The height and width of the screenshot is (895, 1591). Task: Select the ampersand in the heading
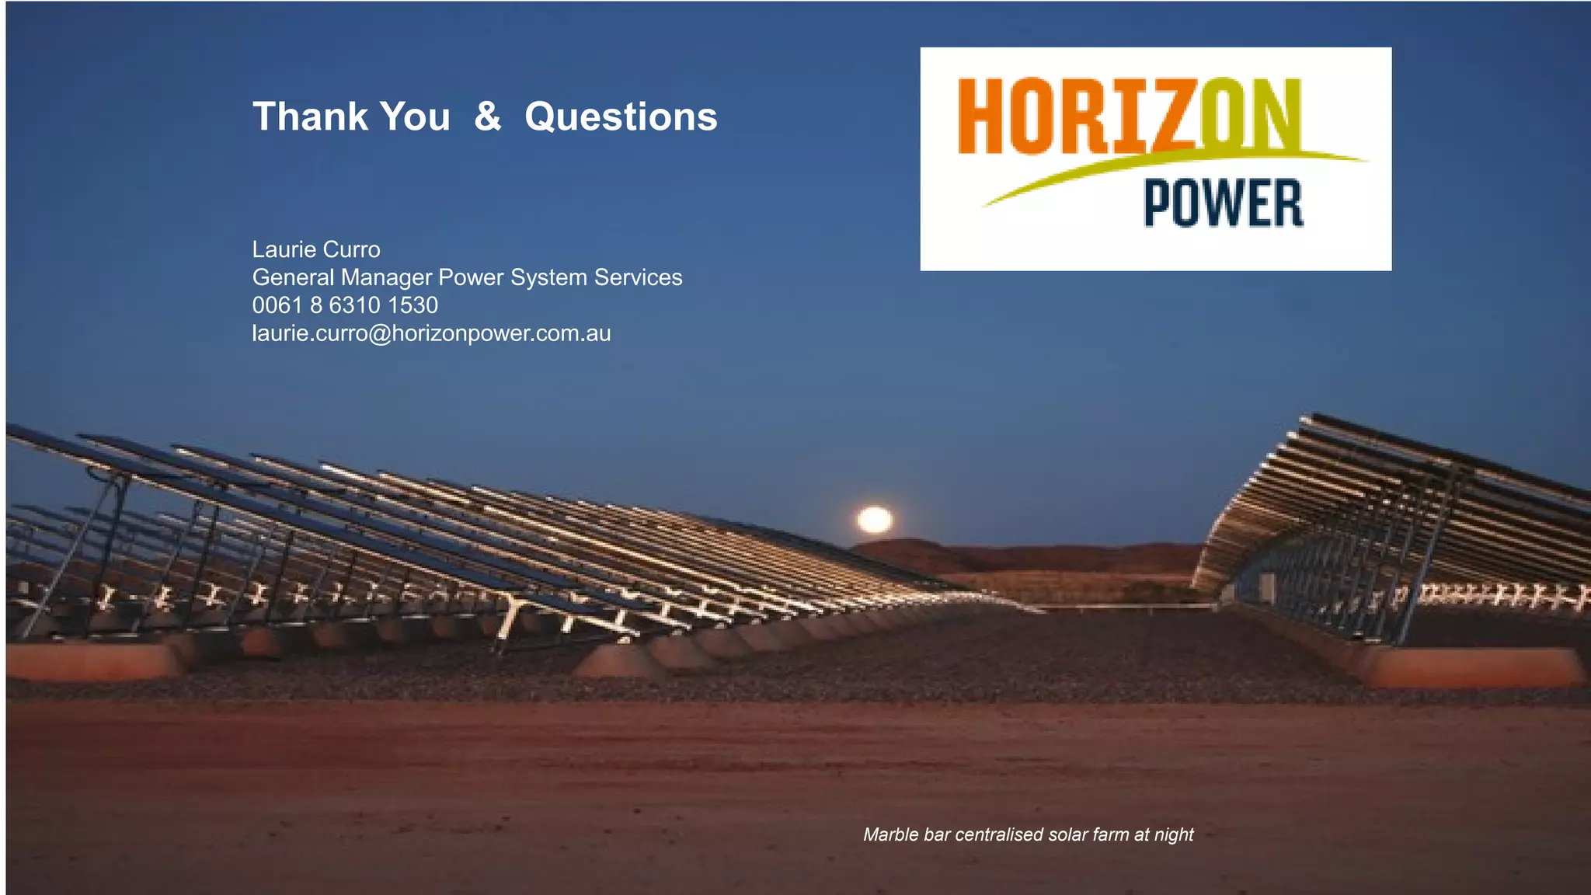click(x=487, y=117)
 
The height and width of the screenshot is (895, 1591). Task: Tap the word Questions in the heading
click(x=621, y=117)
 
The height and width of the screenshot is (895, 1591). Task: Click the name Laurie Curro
click(x=316, y=249)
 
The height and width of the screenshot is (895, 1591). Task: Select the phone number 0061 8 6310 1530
click(x=345, y=305)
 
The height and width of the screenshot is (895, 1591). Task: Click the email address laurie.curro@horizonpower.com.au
click(x=431, y=333)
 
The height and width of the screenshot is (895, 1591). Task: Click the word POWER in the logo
click(x=1223, y=204)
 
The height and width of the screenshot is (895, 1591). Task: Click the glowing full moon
click(x=875, y=520)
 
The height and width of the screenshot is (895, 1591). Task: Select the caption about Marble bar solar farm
click(x=1028, y=834)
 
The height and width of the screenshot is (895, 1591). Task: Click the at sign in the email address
click(x=381, y=334)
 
